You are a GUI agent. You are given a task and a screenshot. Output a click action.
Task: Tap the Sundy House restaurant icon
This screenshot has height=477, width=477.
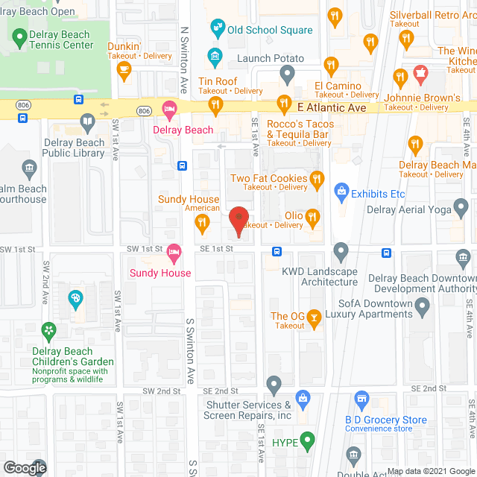pos(201,221)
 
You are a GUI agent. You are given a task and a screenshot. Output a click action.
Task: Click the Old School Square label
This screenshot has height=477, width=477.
pos(269,31)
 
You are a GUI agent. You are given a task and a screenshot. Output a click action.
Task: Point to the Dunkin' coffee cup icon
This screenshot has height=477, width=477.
pos(124,71)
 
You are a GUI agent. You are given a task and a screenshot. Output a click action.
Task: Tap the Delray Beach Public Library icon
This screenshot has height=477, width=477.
pos(87,121)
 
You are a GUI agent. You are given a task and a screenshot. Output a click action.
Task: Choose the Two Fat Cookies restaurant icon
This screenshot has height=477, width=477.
pos(318,178)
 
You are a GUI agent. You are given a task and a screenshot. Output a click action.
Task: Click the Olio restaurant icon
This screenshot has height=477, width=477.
pos(313,217)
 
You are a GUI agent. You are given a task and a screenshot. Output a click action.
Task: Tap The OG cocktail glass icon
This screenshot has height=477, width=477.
pos(315,319)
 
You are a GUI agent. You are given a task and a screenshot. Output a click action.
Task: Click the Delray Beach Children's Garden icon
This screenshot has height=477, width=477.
pos(49,329)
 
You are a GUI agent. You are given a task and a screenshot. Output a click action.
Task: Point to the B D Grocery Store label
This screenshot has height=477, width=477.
pos(385,420)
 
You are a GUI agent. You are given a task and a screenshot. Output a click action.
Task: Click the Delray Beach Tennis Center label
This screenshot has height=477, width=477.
pos(60,40)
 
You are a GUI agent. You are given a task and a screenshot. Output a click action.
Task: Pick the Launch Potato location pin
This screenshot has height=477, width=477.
pos(288,72)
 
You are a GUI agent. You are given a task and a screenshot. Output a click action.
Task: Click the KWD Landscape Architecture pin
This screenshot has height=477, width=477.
pos(341,250)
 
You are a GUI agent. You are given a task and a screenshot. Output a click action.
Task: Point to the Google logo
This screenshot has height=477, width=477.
pos(24,467)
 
